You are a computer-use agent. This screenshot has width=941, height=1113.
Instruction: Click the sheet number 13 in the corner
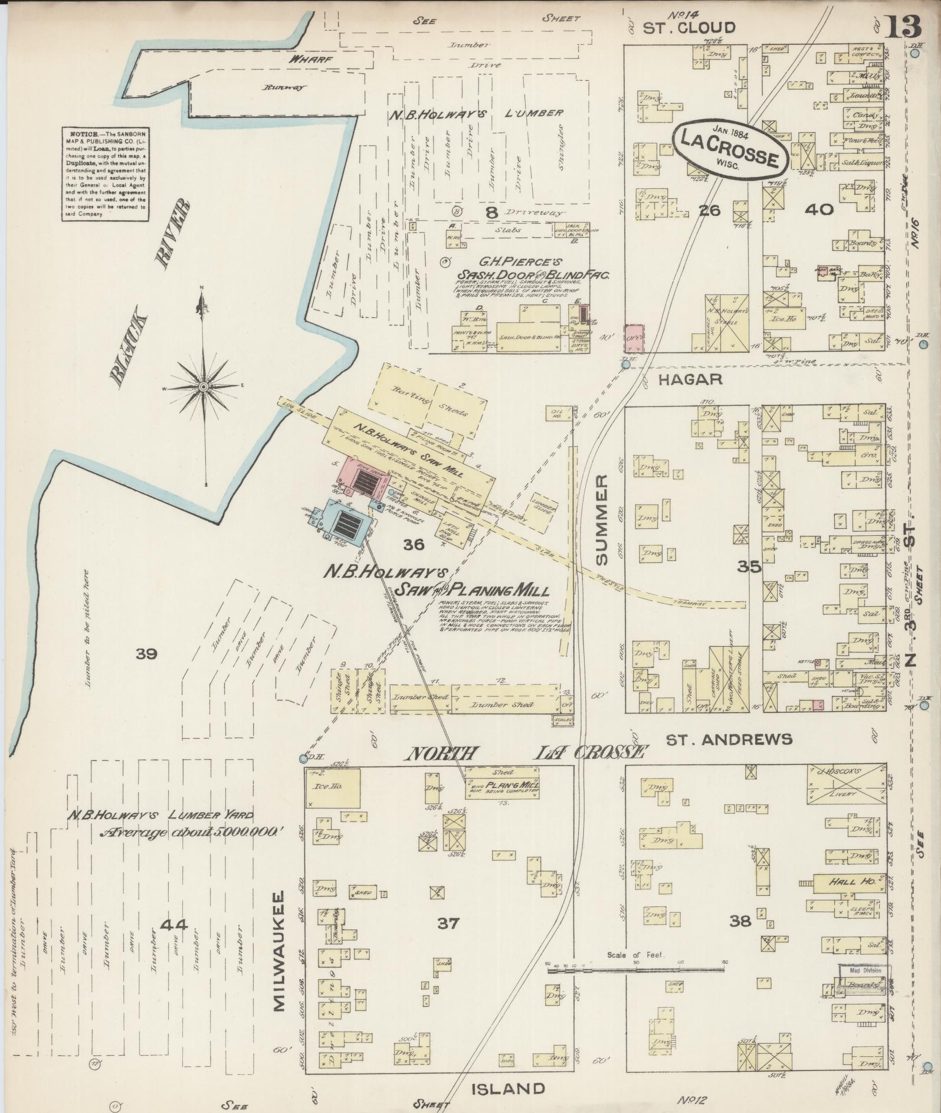(903, 27)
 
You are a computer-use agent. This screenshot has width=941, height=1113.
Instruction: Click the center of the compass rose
(204, 387)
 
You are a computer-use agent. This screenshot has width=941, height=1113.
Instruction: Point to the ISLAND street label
(508, 1088)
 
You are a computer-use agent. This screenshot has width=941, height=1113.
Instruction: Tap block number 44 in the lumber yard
(176, 925)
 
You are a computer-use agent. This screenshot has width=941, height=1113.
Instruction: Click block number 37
(448, 923)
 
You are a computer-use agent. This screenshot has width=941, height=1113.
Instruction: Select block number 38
(740, 920)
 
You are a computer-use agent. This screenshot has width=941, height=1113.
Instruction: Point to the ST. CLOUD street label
(688, 28)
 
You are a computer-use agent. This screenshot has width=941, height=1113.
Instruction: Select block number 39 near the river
(146, 653)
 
